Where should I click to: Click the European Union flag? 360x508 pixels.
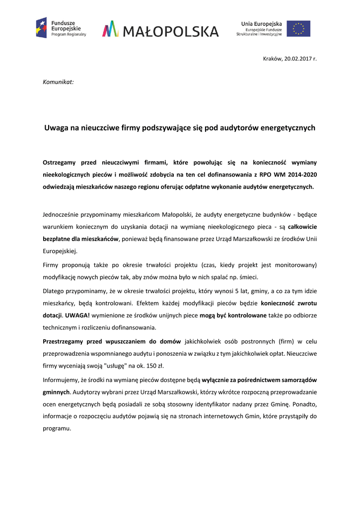coord(298,28)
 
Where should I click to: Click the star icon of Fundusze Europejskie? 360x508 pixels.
coord(42,28)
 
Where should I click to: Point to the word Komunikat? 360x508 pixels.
coord(59,81)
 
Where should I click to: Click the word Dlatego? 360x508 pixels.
coord(54,291)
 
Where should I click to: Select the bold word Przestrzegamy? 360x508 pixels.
coord(64,342)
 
